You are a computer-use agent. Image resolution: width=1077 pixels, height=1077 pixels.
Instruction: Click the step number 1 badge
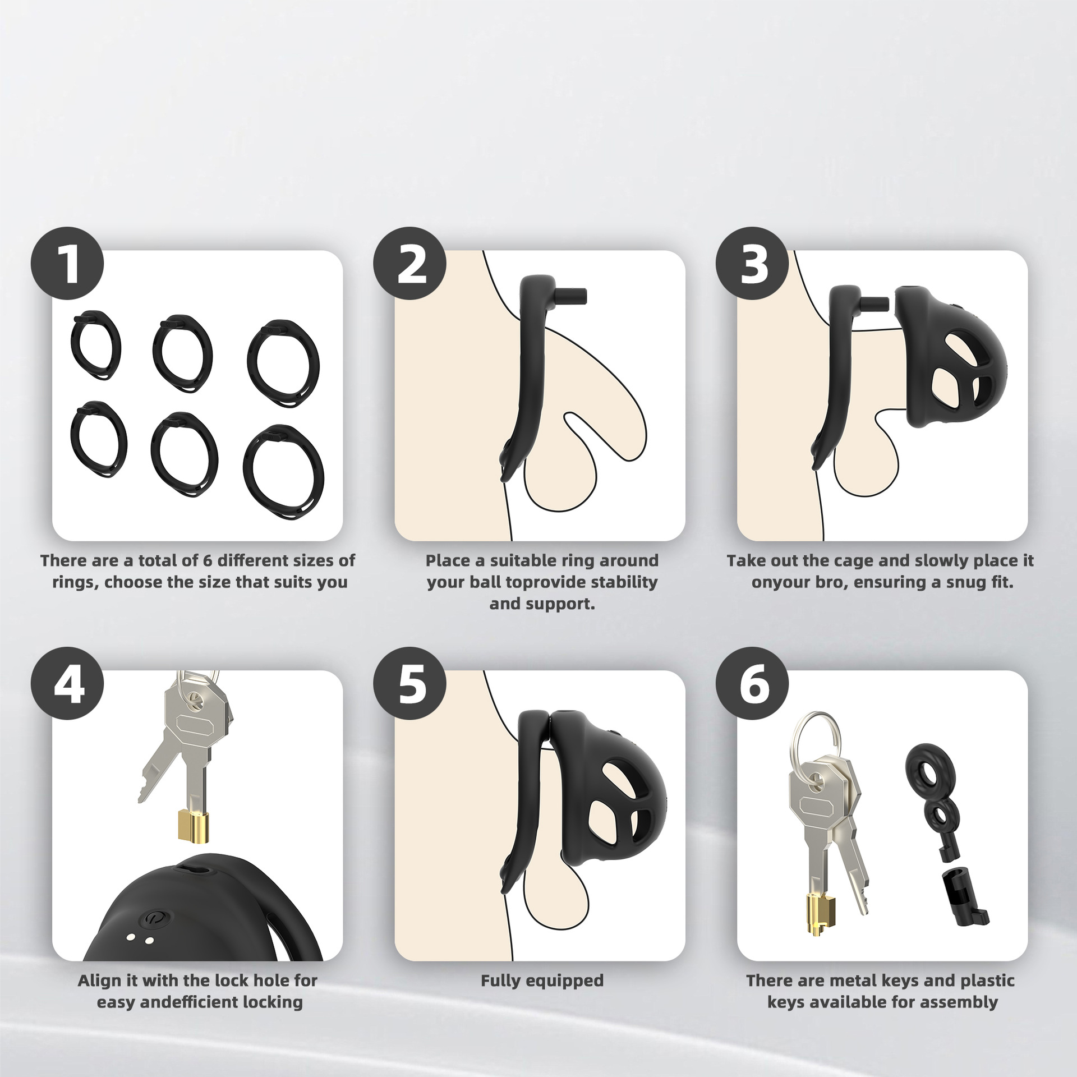point(67,264)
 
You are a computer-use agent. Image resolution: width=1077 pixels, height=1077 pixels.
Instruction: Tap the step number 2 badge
point(410,264)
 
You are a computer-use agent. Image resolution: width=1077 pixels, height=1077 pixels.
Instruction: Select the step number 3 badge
point(752,264)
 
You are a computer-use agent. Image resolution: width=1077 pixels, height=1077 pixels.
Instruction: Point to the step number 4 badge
point(67,684)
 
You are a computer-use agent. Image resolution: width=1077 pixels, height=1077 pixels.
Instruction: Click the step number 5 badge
point(410,684)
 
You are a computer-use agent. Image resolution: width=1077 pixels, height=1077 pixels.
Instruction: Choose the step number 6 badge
point(752,684)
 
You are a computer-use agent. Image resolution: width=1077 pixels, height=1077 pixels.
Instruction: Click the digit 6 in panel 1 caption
point(206,560)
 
